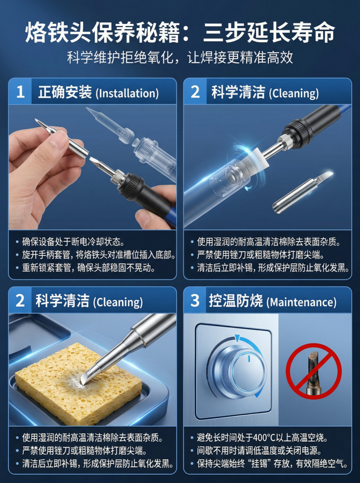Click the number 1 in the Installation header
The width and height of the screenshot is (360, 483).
tap(20, 92)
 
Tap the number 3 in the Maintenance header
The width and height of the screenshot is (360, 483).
tap(195, 300)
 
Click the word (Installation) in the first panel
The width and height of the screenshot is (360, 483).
tap(127, 94)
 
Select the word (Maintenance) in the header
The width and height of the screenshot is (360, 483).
tap(301, 302)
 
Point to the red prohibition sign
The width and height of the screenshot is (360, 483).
tap(313, 371)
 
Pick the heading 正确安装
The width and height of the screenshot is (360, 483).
tap(65, 92)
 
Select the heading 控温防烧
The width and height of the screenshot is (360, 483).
tap(236, 300)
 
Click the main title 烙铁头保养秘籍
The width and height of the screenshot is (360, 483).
tap(103, 33)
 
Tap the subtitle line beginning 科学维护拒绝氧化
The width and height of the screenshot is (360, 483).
tap(180, 58)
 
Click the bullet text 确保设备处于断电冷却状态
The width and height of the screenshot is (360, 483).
tap(73, 242)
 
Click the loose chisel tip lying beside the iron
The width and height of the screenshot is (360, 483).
tap(303, 193)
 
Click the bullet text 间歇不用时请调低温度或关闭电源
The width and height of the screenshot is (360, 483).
tap(259, 450)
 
